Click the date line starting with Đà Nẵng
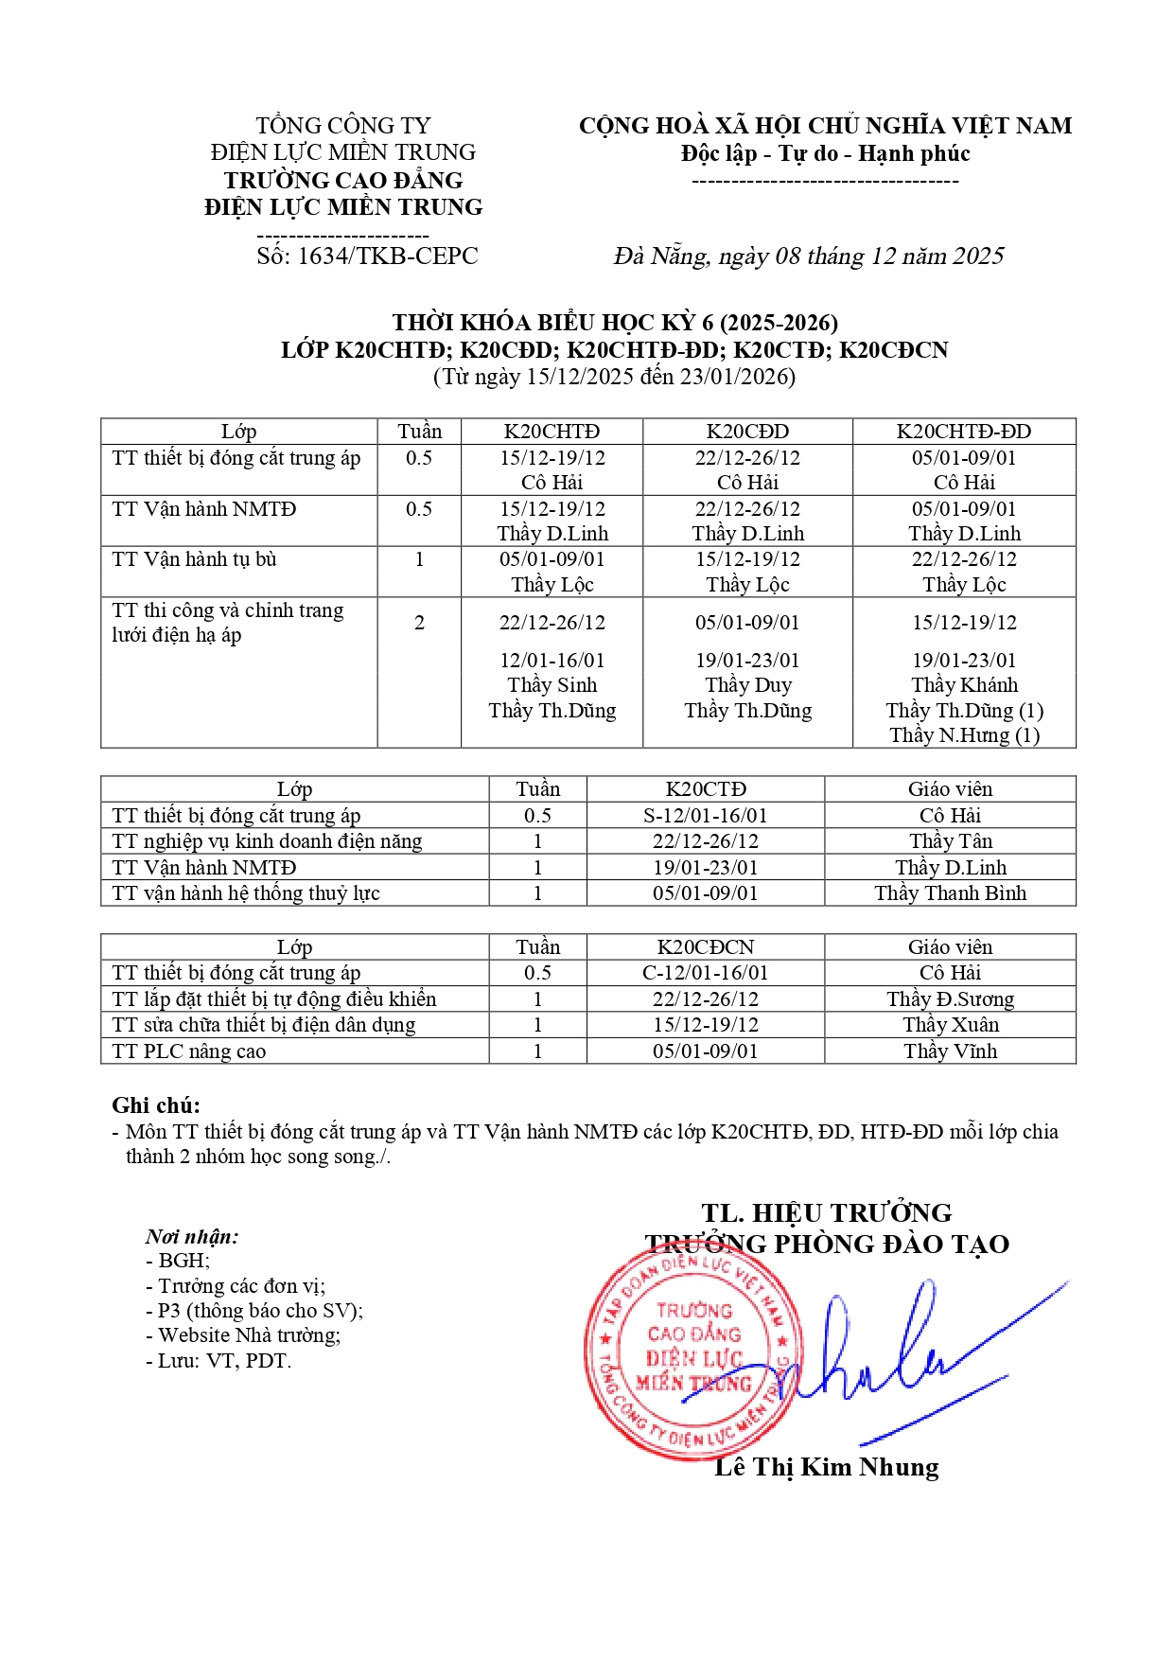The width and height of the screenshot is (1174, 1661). point(809,256)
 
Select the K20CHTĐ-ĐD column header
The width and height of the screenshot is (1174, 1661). point(963,432)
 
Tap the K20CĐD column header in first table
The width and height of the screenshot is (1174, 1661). point(747,432)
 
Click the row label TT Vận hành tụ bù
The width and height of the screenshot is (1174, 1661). point(194,559)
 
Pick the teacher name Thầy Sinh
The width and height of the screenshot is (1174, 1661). point(552,685)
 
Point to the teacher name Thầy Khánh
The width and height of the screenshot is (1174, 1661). point(964,685)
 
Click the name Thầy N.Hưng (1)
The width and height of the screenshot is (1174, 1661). point(964,735)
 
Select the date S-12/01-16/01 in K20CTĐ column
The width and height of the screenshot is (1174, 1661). point(705,816)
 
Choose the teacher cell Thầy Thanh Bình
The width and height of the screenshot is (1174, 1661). point(950,893)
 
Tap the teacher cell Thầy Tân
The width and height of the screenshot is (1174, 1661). point(950,841)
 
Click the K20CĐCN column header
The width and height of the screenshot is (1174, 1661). point(705,947)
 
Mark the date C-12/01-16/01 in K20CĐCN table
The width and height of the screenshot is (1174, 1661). point(705,973)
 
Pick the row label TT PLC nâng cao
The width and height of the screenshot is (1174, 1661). point(188,1051)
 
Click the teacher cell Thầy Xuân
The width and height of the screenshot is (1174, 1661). point(950,1025)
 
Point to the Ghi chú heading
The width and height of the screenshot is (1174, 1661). point(156,1105)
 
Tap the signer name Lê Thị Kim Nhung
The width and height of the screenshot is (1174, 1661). point(826,1468)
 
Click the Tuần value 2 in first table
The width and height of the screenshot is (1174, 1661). point(419,623)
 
